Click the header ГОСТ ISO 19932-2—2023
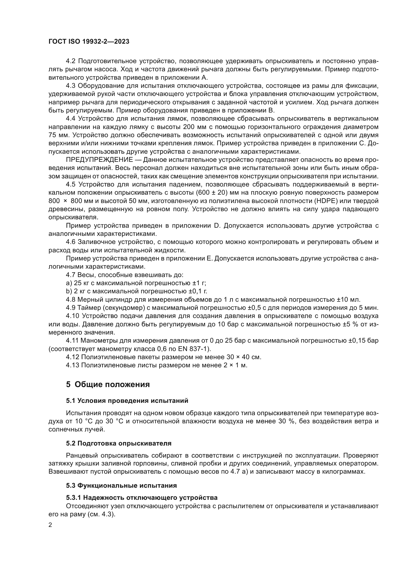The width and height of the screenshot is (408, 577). tap(89, 42)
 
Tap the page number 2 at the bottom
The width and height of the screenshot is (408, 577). tap(50, 525)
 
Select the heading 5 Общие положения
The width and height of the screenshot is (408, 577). tap(108, 385)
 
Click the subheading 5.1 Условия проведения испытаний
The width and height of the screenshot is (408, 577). tap(127, 401)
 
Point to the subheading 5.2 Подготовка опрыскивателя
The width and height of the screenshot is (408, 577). tap(119, 443)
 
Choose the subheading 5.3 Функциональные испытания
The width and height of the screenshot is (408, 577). tap(121, 485)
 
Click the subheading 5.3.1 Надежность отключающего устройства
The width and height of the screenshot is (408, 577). tap(142, 498)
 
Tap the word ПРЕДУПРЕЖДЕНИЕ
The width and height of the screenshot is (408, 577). tap(99, 160)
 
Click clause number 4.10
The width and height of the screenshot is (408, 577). tap(72, 316)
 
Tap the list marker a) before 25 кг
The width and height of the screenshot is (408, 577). tap(69, 283)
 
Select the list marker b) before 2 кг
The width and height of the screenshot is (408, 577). tap(69, 291)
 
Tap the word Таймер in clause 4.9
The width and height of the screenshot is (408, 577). tap(88, 308)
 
